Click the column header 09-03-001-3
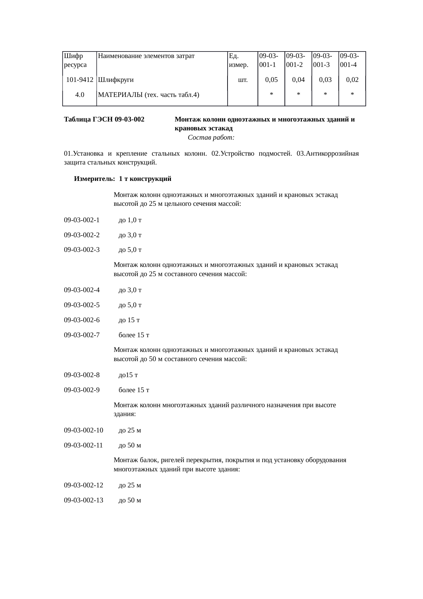[321, 60]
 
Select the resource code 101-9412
[80, 80]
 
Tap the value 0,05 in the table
[272, 80]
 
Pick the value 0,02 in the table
[352, 80]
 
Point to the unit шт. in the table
[243, 80]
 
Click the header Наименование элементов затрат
[146, 56]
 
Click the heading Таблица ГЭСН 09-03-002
[104, 120]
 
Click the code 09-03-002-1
[82, 220]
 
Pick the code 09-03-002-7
[82, 335]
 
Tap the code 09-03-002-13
[84, 500]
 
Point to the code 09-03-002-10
[84, 430]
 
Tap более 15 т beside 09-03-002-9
[134, 390]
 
